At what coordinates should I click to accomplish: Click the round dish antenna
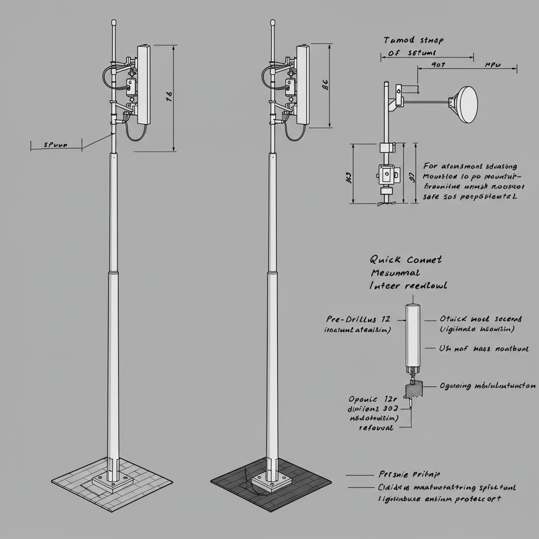467,104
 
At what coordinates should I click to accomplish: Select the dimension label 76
169,96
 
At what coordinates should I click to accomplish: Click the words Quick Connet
405,259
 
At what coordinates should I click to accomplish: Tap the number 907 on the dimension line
438,66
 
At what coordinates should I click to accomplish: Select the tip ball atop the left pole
113,23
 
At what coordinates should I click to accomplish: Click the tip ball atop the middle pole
273,23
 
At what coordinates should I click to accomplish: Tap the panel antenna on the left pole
144,84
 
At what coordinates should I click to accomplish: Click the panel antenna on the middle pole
303,84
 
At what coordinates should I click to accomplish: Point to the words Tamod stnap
413,40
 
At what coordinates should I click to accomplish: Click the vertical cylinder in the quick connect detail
413,335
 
